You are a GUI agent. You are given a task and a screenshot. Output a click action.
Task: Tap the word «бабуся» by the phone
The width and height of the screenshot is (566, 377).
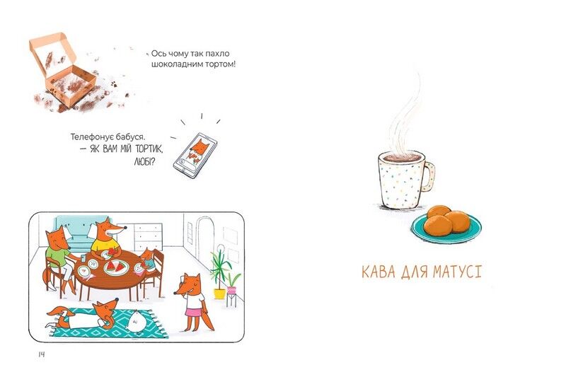[x=131, y=137]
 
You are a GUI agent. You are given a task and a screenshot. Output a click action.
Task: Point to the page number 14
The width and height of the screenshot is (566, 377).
[x=42, y=354]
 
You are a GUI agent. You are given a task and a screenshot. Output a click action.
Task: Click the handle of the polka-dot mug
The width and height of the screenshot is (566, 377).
[x=429, y=177]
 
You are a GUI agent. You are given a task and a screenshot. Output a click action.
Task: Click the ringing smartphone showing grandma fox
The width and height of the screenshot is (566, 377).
[x=195, y=156]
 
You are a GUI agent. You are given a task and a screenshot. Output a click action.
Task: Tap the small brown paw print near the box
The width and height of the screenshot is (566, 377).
[x=114, y=84]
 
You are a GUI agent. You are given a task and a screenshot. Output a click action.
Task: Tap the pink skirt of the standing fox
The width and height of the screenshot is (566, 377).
[x=194, y=311]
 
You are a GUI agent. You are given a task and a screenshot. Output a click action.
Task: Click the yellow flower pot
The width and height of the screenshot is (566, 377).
[x=219, y=294]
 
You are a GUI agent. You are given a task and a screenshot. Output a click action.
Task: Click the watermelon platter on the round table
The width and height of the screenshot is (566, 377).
[x=116, y=267]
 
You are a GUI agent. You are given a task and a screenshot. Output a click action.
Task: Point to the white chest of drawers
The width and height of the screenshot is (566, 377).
[x=149, y=237]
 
